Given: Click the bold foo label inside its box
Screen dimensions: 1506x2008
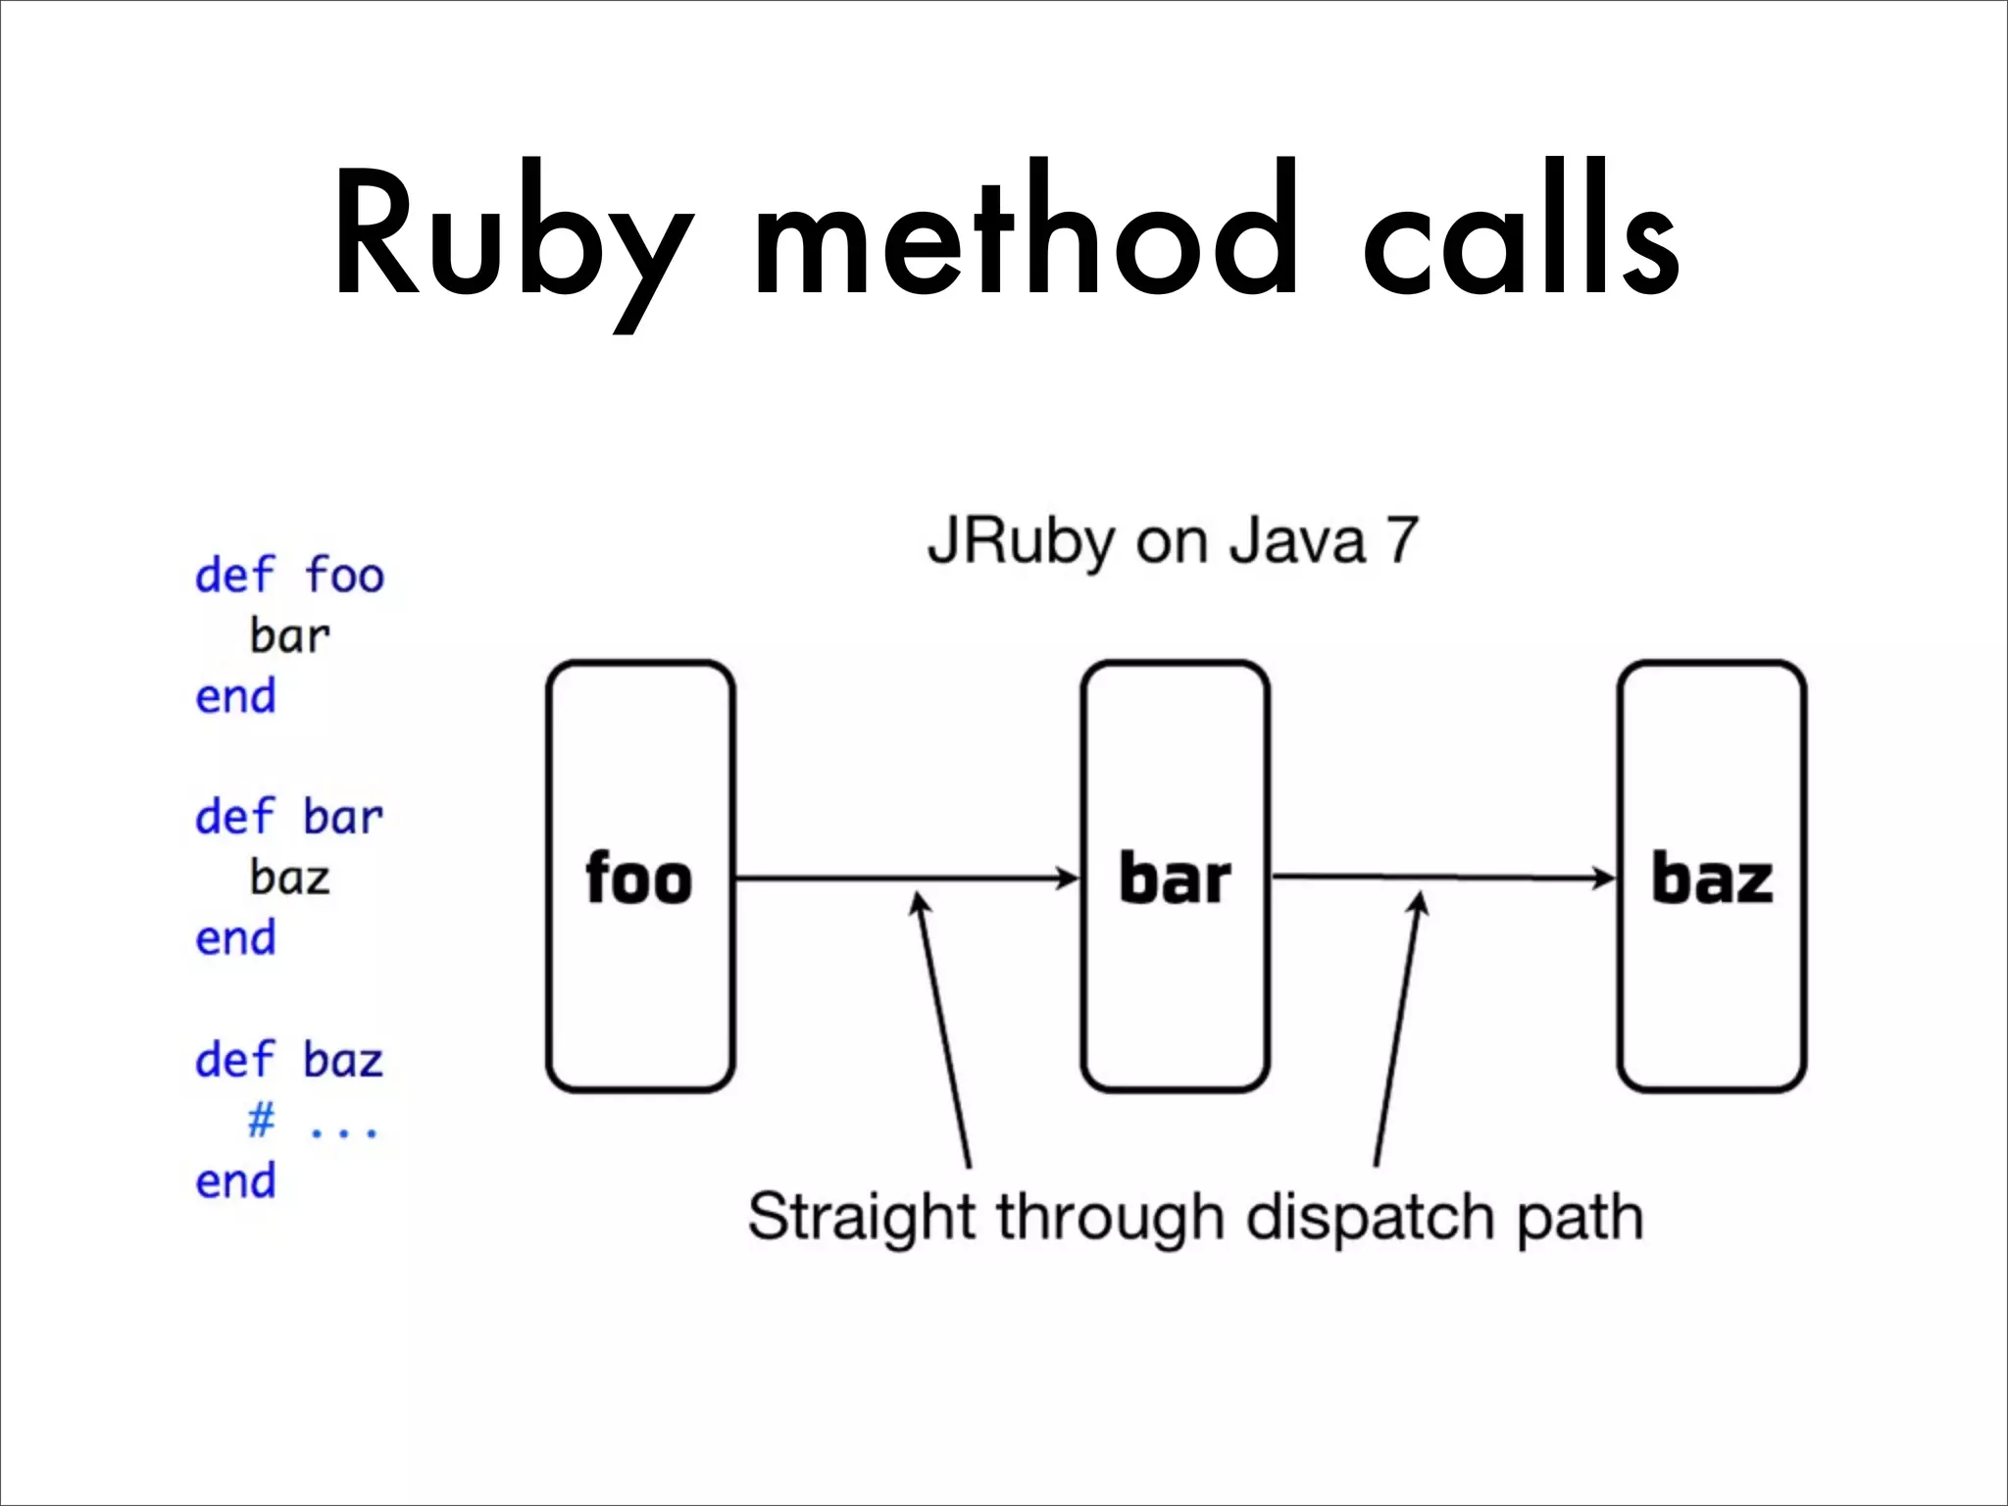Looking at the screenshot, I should click(639, 878).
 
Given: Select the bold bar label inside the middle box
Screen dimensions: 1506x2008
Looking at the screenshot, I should click(1175, 878).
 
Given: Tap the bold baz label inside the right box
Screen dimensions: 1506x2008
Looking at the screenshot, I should click(1712, 878).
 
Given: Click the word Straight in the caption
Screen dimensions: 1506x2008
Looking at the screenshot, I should click(862, 1218).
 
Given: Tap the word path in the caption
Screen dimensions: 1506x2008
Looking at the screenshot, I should click(1580, 1218).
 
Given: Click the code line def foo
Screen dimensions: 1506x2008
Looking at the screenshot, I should click(289, 576).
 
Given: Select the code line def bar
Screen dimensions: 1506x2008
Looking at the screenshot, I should click(289, 818).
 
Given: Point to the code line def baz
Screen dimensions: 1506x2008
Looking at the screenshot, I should click(289, 1060).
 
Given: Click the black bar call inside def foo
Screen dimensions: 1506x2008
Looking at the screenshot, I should click(289, 636).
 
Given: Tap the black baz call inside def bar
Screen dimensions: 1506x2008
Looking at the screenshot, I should click(289, 878).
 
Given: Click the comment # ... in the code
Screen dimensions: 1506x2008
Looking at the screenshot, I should click(312, 1121).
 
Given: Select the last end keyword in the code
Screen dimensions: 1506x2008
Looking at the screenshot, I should click(235, 1181).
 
